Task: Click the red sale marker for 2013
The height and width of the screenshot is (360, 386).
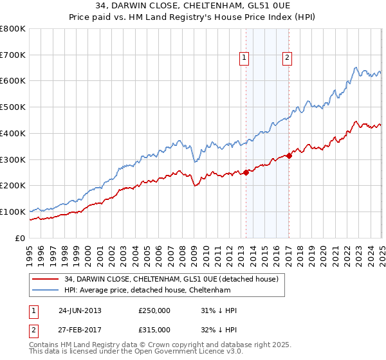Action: pos(246,172)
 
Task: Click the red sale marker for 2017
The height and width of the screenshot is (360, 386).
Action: pos(289,155)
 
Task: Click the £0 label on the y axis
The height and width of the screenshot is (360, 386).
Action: pos(19,238)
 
